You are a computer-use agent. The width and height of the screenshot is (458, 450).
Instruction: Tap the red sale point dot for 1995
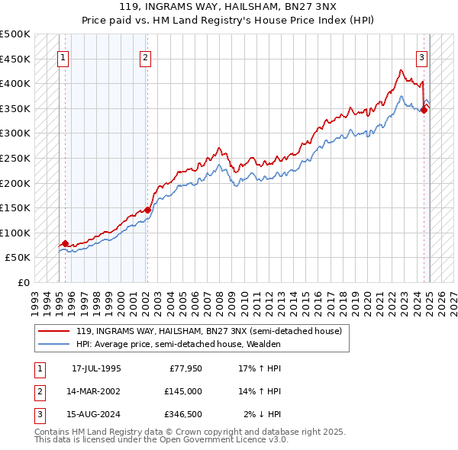[x=65, y=243]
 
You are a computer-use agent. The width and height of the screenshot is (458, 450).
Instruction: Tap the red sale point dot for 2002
[x=147, y=210]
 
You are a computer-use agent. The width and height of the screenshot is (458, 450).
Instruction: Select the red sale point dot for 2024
[x=424, y=110]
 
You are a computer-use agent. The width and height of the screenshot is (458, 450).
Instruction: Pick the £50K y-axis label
[x=18, y=257]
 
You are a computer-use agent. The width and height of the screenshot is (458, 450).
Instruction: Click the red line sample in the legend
[x=55, y=331]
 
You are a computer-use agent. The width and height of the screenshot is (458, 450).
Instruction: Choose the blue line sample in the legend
[x=55, y=344]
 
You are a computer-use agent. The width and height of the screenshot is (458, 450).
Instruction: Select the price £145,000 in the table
[x=183, y=391]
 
